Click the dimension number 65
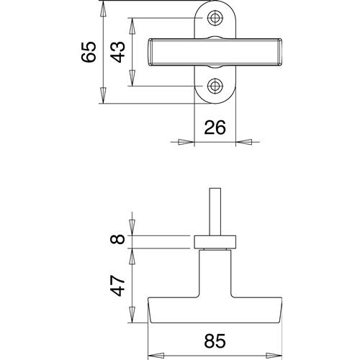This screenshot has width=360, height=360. click(89, 53)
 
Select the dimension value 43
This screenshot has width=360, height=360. click(117, 53)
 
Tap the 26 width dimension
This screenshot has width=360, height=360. click(215, 127)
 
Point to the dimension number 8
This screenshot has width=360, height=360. click(117, 239)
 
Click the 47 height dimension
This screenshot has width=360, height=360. click(117, 286)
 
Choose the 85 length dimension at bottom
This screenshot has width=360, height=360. click(215, 341)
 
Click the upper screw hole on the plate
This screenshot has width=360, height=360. click(215, 18)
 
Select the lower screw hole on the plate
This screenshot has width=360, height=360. click(215, 86)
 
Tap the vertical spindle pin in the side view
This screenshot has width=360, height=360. click(215, 212)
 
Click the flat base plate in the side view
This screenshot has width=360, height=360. click(215, 242)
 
